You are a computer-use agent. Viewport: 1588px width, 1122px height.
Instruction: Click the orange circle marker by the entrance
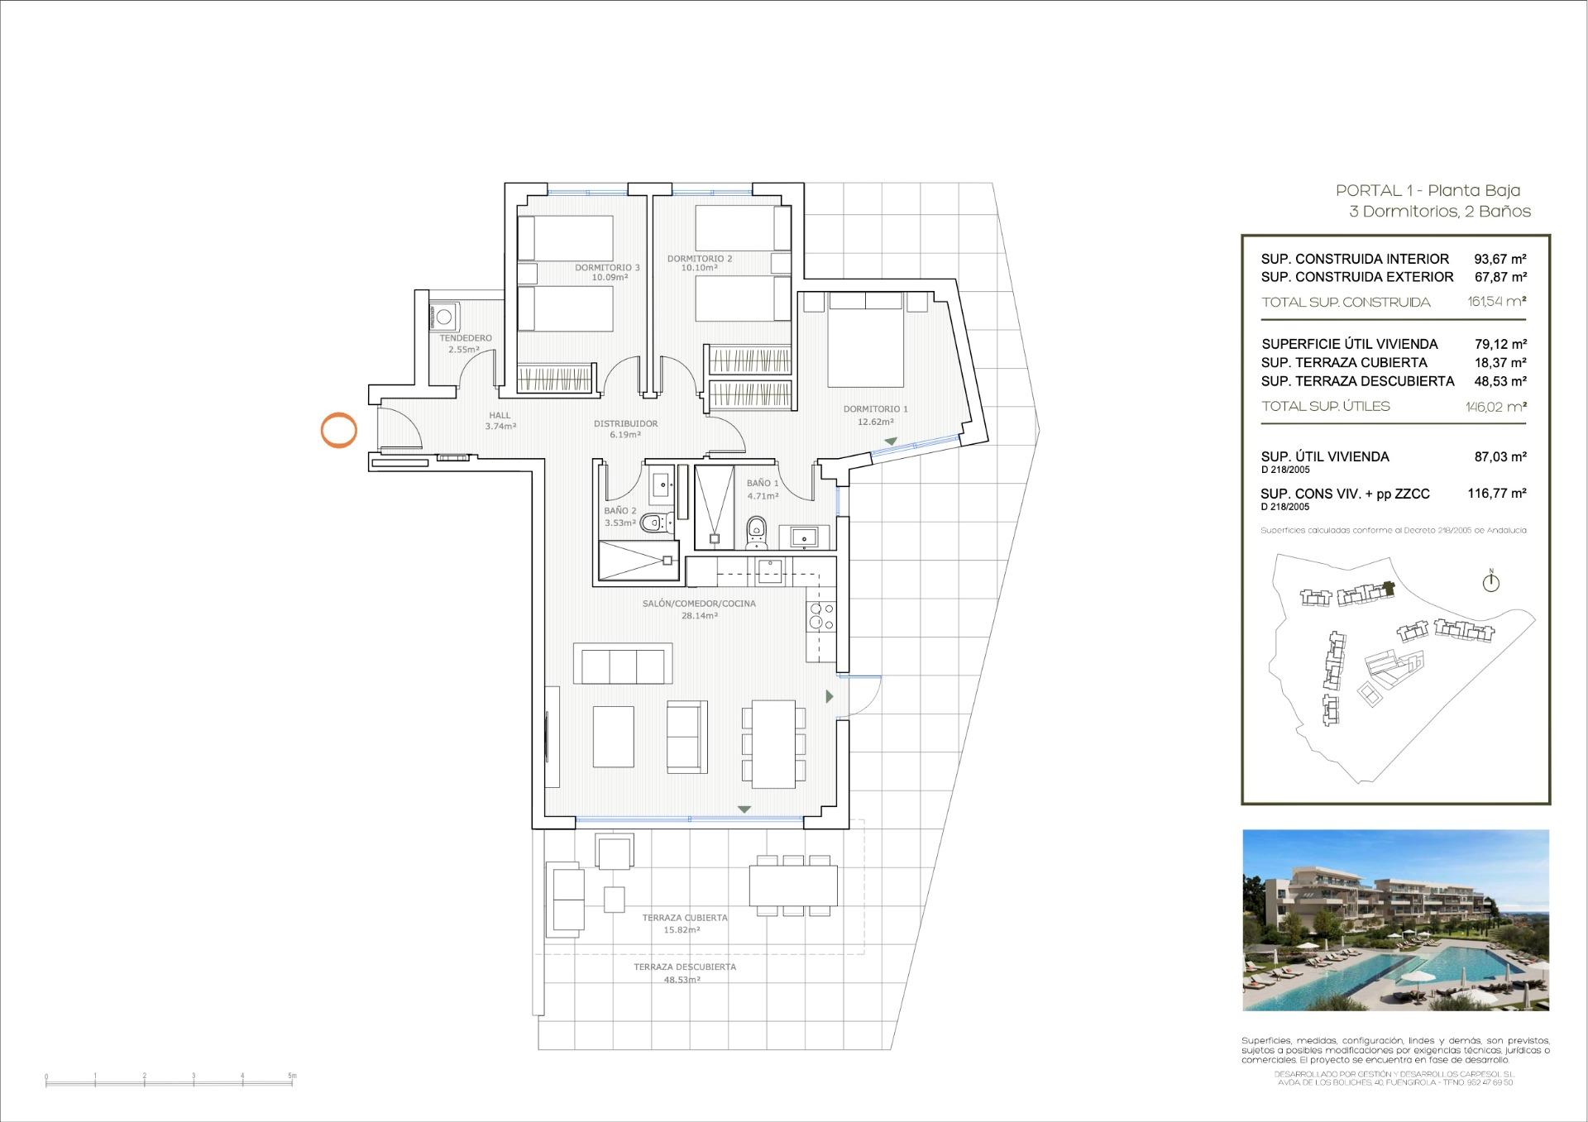(x=338, y=430)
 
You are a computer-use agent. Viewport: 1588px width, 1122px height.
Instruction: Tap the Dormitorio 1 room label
(x=875, y=415)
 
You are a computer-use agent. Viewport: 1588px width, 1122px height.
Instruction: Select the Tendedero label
(x=466, y=343)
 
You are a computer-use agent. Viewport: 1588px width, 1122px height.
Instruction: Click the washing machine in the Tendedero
(x=444, y=317)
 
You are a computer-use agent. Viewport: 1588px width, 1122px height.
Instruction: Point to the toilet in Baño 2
(x=653, y=522)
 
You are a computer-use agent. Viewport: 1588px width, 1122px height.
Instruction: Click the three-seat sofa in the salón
(x=624, y=666)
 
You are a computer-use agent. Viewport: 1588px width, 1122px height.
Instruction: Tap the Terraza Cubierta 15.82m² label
(x=684, y=924)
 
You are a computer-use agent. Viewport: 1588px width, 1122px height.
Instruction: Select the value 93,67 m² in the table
(x=1500, y=259)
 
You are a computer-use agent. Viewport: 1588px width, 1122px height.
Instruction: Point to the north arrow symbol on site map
(x=1490, y=582)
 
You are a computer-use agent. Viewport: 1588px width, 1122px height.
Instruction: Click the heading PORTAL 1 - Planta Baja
(x=1428, y=190)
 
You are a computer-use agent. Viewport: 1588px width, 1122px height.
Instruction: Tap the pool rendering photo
(x=1395, y=919)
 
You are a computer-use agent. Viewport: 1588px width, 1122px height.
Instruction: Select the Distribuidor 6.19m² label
(x=625, y=428)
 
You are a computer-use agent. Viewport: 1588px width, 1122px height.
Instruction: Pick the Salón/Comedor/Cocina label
(x=699, y=609)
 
